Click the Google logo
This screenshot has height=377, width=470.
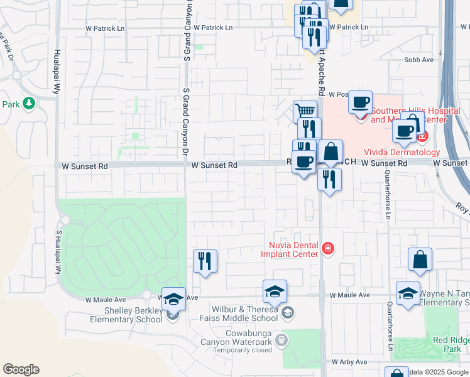(21, 369)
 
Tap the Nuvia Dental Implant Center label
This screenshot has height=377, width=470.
(289, 249)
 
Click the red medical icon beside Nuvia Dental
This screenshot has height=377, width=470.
(327, 249)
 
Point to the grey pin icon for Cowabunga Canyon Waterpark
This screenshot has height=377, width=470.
(281, 340)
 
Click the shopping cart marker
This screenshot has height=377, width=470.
(305, 112)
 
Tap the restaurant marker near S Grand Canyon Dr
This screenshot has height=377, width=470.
(205, 261)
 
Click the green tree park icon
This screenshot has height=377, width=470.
(28, 103)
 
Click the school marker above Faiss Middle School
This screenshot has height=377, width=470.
(275, 292)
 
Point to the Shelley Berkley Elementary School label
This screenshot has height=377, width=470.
(126, 315)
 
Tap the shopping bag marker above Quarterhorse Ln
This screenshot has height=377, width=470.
(420, 260)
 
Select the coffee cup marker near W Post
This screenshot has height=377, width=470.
(361, 102)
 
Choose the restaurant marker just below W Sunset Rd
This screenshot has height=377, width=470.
(329, 180)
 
